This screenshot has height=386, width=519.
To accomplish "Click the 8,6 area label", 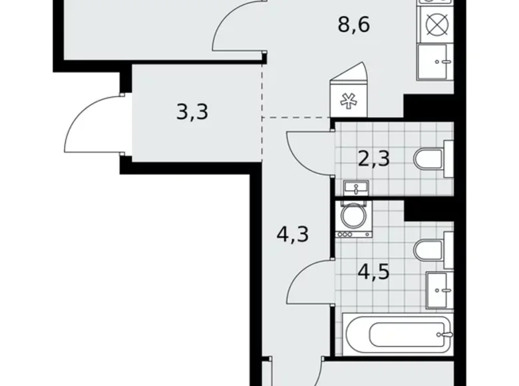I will (353, 27).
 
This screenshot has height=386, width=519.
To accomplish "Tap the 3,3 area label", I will (192, 111).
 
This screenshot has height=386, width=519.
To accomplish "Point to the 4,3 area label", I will (293, 235).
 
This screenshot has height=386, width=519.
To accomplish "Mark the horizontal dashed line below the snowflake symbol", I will (296, 118).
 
